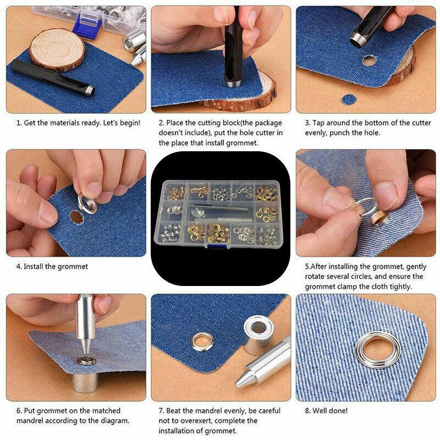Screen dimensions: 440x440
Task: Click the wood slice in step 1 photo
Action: click(58, 49)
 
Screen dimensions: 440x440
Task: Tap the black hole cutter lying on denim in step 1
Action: click(52, 78)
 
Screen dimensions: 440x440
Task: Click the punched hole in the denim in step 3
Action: click(369, 60)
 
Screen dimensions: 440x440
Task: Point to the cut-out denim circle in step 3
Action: click(349, 100)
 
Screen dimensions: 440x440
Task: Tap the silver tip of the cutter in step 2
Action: click(233, 84)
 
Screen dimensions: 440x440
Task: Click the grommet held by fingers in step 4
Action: click(87, 204)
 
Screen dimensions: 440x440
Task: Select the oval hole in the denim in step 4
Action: click(76, 217)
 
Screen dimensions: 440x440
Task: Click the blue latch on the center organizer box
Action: click(217, 246)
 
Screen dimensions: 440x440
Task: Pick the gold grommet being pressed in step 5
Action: click(380, 217)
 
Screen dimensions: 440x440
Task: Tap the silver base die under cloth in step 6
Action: click(85, 382)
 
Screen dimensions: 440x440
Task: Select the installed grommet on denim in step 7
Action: click(202, 342)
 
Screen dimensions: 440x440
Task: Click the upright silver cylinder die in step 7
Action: click(258, 334)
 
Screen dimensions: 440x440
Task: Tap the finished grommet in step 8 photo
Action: click(378, 349)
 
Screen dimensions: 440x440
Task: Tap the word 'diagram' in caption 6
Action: click(114, 421)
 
